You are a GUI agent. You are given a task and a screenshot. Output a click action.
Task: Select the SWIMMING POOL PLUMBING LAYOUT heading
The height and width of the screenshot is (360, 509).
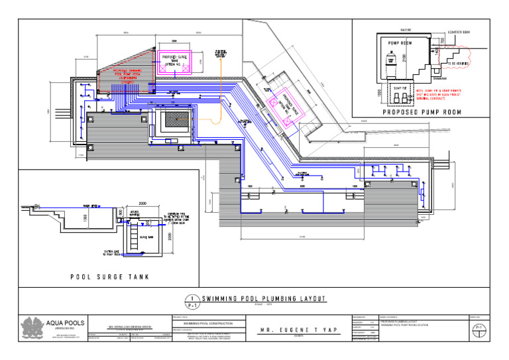(264, 298)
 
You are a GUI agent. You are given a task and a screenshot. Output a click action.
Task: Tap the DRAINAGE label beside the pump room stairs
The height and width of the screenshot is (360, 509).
(445, 76)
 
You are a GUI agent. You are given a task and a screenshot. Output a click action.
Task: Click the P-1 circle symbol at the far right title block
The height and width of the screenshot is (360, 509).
(479, 327)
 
